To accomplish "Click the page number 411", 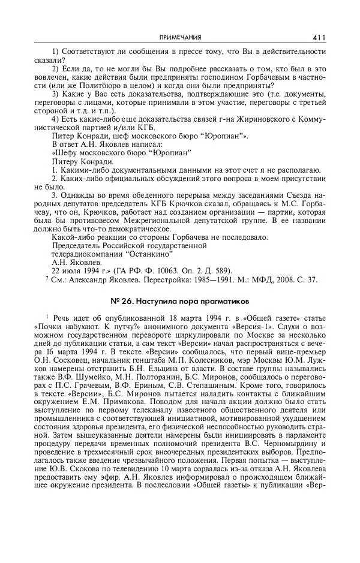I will click(319, 37).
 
